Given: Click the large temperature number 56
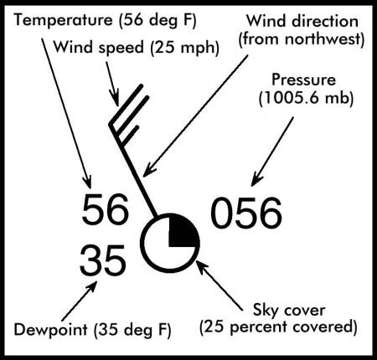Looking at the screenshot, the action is (x=106, y=209).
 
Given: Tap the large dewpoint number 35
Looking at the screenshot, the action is (x=102, y=260).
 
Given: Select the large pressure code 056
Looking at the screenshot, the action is (x=246, y=213).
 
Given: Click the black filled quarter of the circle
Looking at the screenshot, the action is (x=182, y=231).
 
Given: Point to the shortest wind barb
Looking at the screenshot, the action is (x=129, y=136).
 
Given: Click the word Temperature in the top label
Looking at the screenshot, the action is (x=63, y=20).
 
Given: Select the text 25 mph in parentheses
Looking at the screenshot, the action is (x=184, y=48).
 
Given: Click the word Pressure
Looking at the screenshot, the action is (x=304, y=80).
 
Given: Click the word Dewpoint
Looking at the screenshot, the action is (x=50, y=329).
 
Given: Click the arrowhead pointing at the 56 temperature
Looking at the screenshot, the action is (x=87, y=182).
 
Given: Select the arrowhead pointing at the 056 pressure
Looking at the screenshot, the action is (x=256, y=179).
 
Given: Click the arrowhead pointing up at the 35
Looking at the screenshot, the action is (x=92, y=286).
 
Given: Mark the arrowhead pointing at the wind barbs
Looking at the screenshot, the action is (x=116, y=99).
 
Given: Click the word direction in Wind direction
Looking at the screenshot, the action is (x=324, y=21).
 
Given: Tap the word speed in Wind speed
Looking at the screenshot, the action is (x=121, y=48).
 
